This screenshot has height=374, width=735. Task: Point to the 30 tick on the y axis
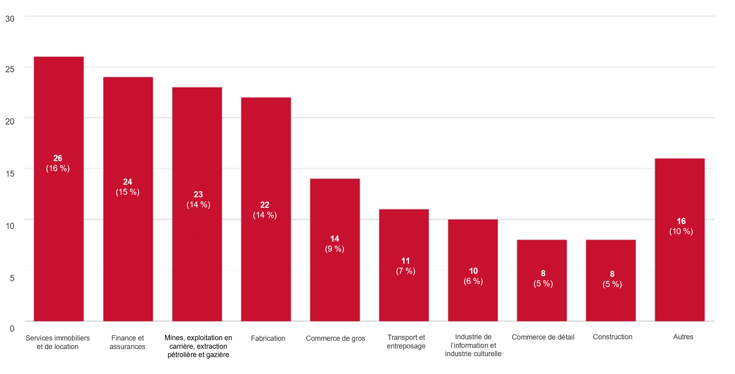10,19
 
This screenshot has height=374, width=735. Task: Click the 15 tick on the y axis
10,174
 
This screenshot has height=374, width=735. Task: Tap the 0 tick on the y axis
12,329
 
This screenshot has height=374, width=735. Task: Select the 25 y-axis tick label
10,69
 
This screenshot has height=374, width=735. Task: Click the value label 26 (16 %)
58,163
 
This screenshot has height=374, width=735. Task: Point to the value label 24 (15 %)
128,187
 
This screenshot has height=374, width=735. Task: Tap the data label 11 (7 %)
406,266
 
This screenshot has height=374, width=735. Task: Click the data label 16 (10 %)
681,226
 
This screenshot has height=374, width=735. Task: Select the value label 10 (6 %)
473,276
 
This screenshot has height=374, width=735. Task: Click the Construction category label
613,337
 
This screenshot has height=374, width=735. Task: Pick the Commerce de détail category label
543,337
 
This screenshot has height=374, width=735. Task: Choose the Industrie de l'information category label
473,345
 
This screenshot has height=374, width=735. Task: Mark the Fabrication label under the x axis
268,339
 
